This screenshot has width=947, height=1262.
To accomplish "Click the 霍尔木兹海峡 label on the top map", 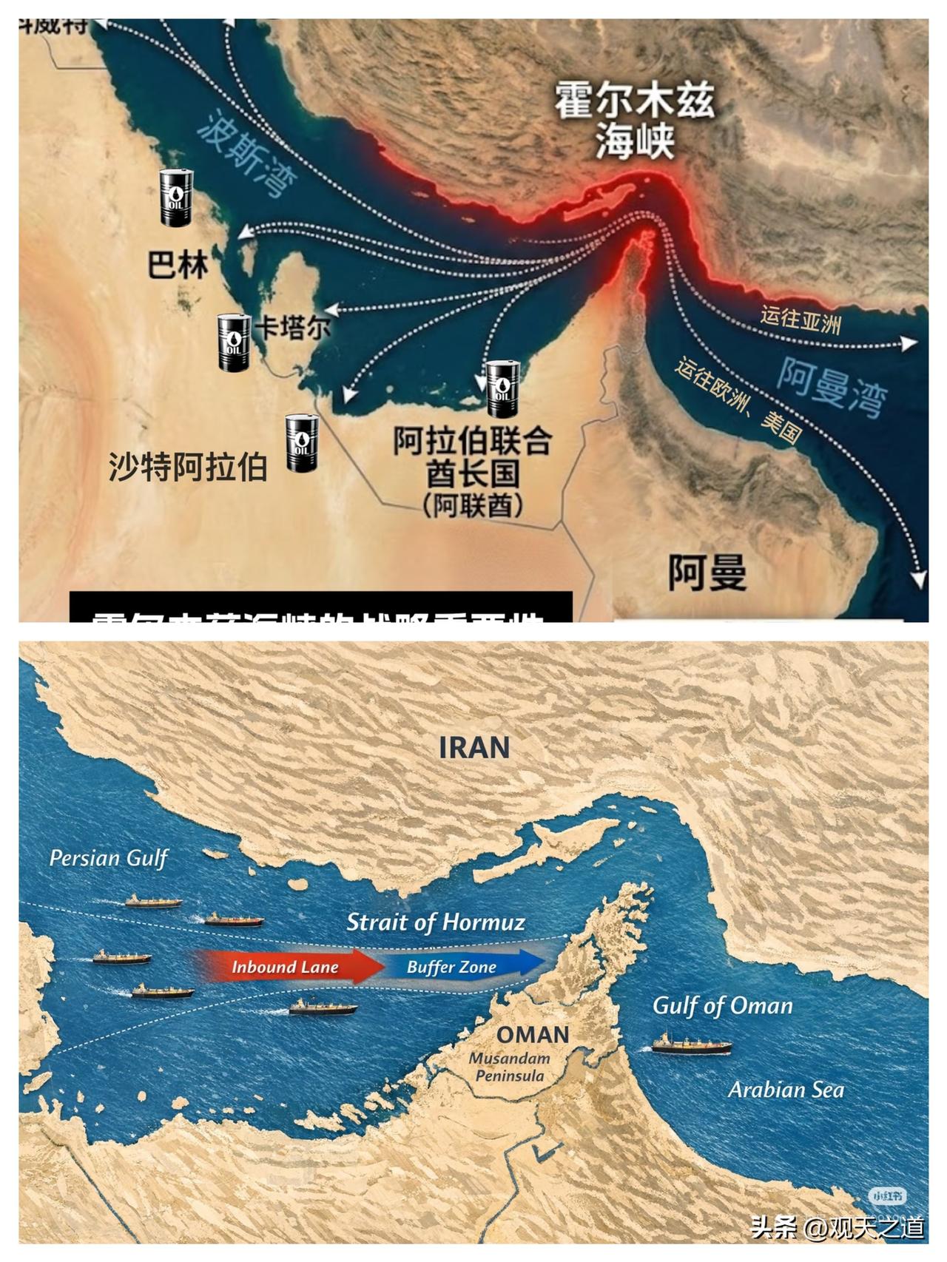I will point(635,123).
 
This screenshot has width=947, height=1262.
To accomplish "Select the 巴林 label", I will point(178,265).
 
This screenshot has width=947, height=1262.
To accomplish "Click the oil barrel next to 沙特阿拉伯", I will point(302,443).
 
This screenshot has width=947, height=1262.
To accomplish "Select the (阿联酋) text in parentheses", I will point(473,506).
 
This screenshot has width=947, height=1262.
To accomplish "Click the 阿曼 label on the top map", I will point(707,573).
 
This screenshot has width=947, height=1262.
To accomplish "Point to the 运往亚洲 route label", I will point(801,320).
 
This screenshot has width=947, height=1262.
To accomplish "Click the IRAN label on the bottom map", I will point(474,747).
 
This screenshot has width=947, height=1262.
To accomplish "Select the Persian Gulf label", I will point(109,858).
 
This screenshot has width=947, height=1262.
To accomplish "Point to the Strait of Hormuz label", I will point(436,922).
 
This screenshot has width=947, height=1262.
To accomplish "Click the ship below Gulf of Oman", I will point(691,1045).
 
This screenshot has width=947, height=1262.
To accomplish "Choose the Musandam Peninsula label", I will point(510,1067).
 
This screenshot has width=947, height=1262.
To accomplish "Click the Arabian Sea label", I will point(786,1090).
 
